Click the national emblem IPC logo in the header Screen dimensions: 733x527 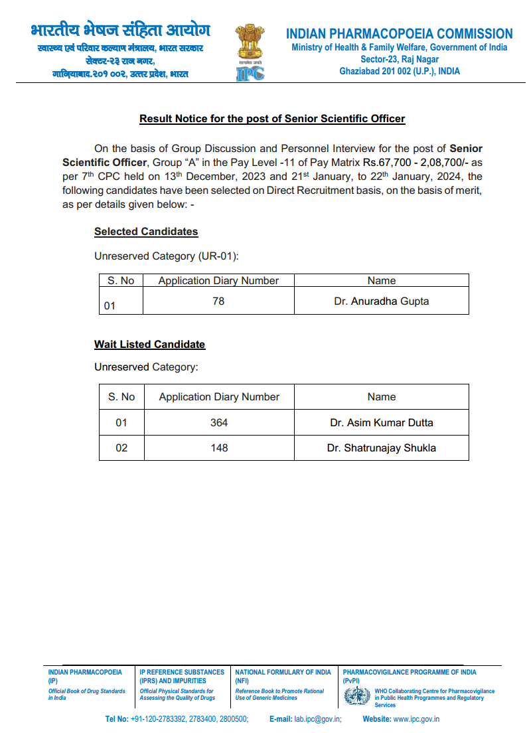pos(250,53)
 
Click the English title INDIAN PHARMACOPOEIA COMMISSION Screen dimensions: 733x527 pos(399,34)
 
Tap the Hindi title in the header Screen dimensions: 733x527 pos(120,31)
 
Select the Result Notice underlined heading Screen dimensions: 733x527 pos(272,119)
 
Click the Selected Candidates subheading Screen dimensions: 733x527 pos(146,232)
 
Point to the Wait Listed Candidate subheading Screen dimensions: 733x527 pos(149,345)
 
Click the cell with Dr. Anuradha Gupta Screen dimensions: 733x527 pos(381,301)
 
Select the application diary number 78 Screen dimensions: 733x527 pos(218,301)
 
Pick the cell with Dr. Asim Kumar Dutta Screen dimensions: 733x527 pos(381,422)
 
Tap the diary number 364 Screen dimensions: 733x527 pos(219,422)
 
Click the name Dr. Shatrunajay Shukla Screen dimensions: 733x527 pos(381,448)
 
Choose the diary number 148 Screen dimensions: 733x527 pos(219,448)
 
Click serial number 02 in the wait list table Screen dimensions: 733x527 pos(121,448)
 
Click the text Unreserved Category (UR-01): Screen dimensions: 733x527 pos(166,256)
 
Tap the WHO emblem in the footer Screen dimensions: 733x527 pos(357,696)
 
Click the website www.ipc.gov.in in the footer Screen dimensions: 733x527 pos(416,719)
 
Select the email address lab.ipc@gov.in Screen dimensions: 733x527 pos(318,719)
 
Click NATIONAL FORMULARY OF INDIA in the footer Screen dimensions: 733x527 pos(283,673)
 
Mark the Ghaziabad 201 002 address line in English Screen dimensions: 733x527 pos(399,71)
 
